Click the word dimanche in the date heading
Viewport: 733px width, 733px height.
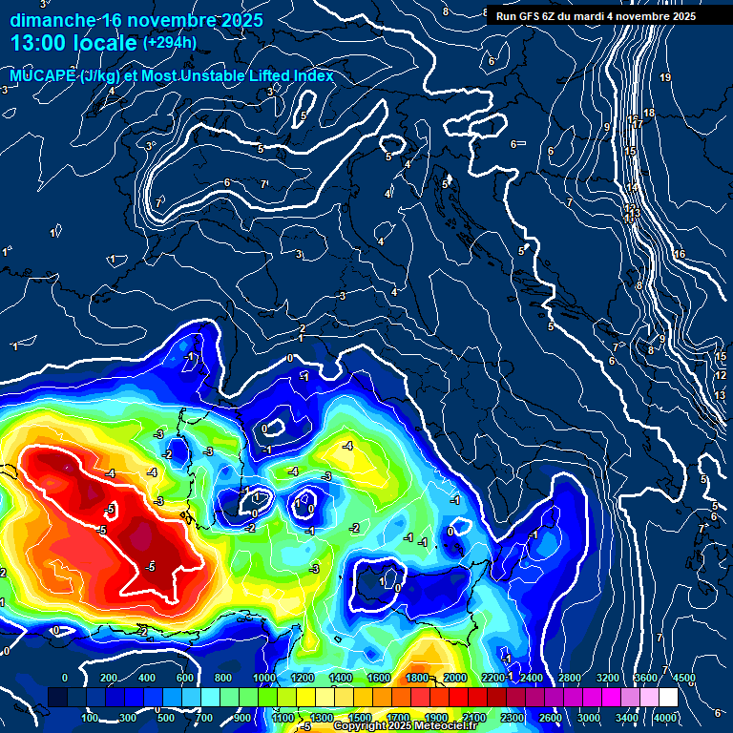coord(52,20)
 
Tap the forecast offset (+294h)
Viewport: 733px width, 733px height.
coord(170,43)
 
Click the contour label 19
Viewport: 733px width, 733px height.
coord(665,77)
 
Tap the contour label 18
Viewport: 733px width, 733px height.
coord(649,114)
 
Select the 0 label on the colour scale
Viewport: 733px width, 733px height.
coord(64,678)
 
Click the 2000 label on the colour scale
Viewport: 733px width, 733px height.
coord(455,678)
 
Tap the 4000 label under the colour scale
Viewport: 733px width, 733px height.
coord(665,718)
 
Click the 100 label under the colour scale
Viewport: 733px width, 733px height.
coord(91,718)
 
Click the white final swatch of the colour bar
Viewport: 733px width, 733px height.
coord(668,698)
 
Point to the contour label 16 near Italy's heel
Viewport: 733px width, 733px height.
coord(680,254)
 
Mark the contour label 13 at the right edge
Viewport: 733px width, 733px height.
coord(722,394)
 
